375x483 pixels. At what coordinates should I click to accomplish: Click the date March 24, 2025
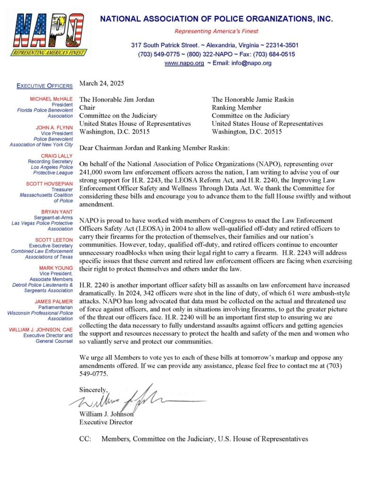tap(101, 83)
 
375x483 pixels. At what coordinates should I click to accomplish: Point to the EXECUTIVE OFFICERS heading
tap(45, 86)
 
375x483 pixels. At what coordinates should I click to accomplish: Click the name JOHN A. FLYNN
tap(54, 127)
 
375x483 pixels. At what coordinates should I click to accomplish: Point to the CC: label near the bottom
tap(85, 439)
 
